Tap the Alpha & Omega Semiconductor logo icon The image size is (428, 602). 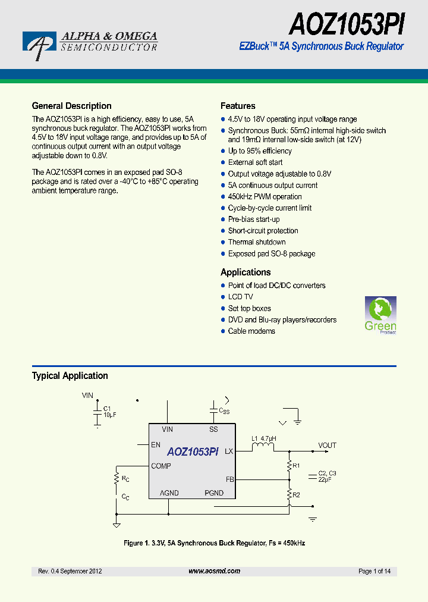click(39, 45)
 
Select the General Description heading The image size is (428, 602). click(71, 106)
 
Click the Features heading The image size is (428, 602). click(238, 106)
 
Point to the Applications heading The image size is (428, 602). click(246, 272)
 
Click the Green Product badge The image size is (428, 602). click(380, 315)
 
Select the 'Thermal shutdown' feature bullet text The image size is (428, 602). click(257, 242)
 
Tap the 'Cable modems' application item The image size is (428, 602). click(251, 331)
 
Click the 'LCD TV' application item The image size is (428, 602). click(240, 297)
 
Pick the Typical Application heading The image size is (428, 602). click(70, 375)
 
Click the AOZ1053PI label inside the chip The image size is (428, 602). click(193, 451)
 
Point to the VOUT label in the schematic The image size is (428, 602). click(327, 445)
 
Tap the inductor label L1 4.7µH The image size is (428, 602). click(264, 439)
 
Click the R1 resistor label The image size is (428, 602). click(296, 465)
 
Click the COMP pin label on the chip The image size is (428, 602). click(161, 466)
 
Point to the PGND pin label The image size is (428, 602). click(214, 493)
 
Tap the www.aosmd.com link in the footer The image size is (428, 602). click(214, 571)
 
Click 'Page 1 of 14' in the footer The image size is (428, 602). click(374, 571)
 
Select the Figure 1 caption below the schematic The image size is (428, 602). click(214, 543)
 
